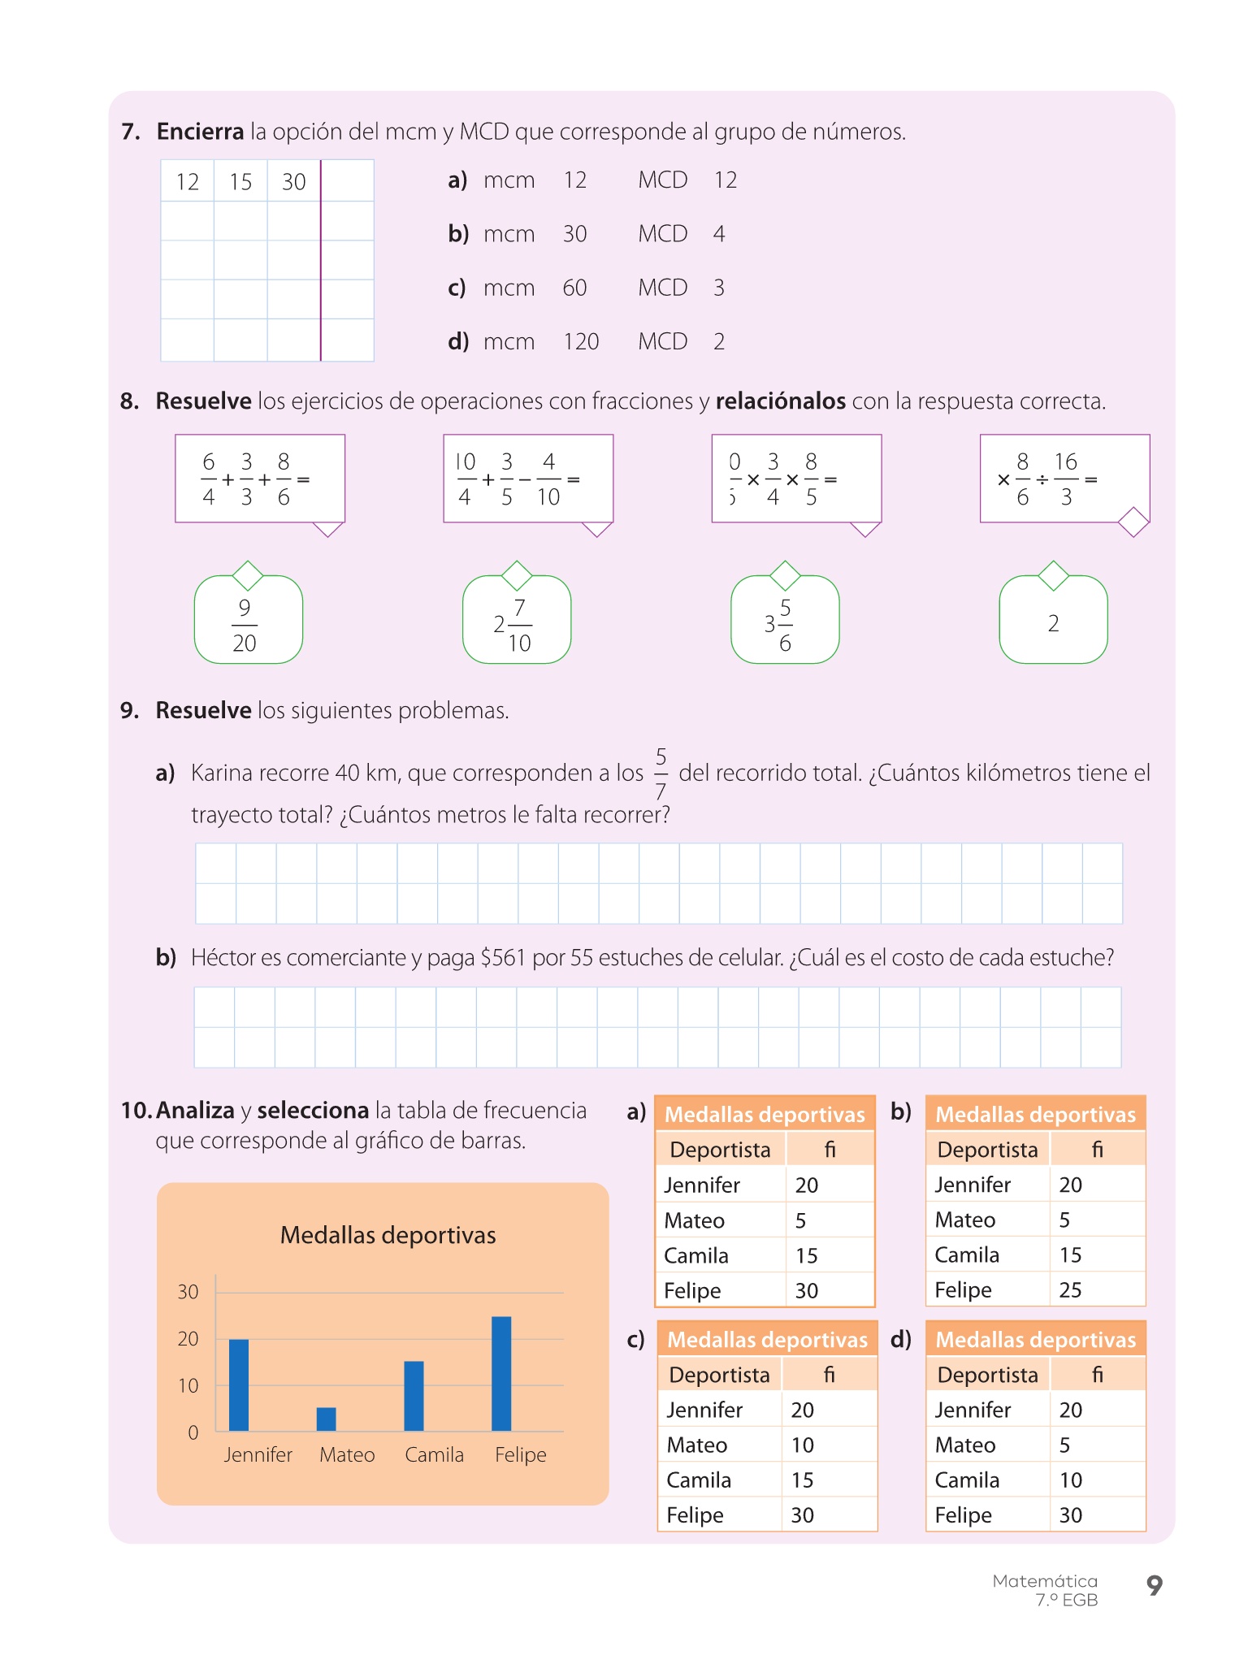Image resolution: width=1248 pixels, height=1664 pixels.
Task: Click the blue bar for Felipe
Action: point(501,1373)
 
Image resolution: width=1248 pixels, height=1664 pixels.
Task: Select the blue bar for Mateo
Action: point(326,1419)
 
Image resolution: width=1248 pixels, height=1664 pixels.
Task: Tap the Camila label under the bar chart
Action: point(434,1454)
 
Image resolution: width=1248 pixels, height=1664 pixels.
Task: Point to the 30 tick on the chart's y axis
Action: point(188,1292)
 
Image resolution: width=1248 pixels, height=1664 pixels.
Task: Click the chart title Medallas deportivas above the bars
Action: point(388,1235)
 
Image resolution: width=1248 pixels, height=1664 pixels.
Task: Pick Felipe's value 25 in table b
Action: point(1070,1290)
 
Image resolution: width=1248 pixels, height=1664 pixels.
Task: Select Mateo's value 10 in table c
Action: point(802,1445)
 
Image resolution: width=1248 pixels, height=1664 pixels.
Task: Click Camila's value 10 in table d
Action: point(1070,1480)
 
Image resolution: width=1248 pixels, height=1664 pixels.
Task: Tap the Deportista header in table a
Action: point(720,1150)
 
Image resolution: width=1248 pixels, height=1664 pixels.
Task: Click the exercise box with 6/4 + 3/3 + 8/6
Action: point(260,479)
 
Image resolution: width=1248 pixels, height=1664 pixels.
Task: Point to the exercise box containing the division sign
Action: point(1064,479)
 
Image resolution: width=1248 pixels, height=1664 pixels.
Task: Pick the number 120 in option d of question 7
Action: point(581,341)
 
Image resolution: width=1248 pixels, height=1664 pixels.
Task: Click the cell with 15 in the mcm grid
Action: point(240,181)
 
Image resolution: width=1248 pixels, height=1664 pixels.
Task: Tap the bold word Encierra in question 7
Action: point(200,132)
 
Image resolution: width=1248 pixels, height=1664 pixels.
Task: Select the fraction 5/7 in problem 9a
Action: point(661,773)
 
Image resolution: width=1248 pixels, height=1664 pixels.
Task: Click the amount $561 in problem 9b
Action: point(503,958)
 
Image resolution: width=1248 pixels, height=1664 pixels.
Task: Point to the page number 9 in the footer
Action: point(1154,1584)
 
